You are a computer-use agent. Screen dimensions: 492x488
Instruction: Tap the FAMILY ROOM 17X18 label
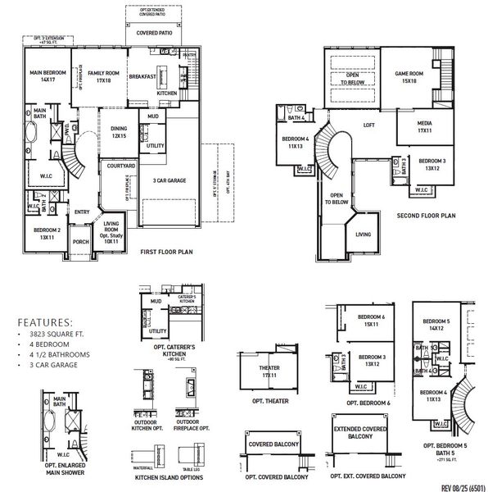(104, 77)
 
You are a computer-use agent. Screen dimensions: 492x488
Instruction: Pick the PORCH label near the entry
(80, 242)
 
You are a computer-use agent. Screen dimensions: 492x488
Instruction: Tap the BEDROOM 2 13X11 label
(47, 233)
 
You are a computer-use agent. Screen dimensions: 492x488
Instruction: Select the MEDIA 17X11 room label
(424, 127)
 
